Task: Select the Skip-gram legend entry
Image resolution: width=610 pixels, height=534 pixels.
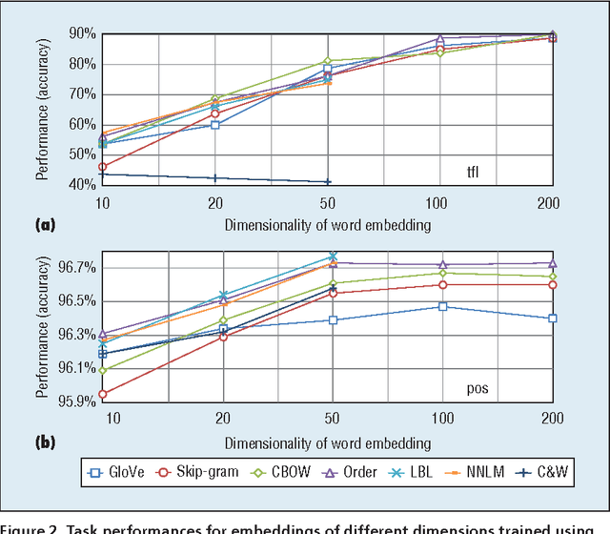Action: click(194, 472)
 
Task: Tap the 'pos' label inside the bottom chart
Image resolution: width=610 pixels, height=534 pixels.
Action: click(477, 389)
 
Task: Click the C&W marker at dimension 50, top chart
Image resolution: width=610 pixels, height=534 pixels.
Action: click(328, 181)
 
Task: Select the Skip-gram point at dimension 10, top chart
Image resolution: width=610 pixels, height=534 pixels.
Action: click(103, 167)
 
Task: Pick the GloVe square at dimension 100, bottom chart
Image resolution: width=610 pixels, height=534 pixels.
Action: click(441, 307)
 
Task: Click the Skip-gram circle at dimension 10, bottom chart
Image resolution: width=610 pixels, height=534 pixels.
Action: click(103, 394)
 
